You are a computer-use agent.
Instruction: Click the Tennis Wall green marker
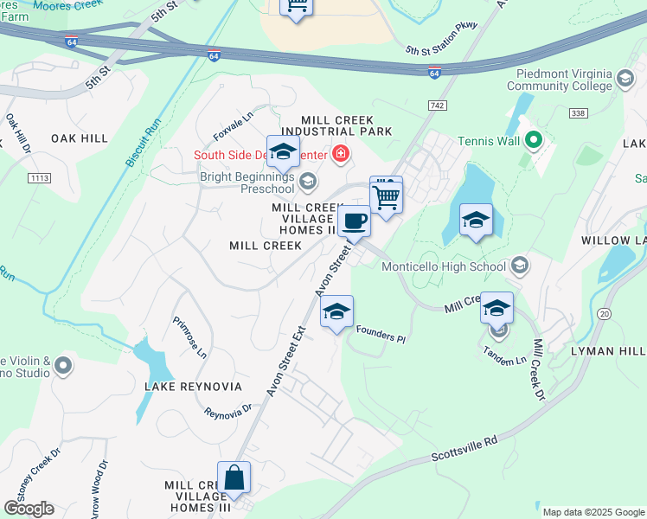(534, 140)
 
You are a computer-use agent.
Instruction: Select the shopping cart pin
(387, 195)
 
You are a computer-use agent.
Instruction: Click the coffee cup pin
(354, 221)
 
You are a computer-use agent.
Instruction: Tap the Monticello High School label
(444, 266)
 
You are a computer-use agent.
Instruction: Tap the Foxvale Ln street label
(234, 126)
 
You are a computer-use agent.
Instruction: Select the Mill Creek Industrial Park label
(346, 125)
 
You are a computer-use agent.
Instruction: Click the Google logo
(29, 509)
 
